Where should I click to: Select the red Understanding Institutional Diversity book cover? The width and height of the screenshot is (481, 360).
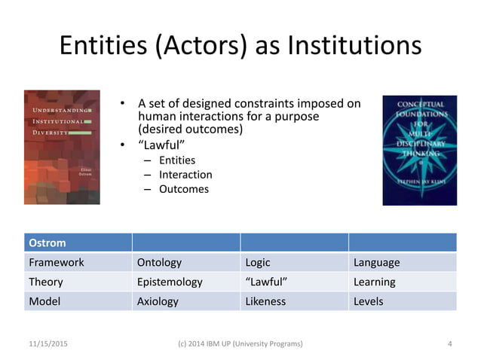coord(62,147)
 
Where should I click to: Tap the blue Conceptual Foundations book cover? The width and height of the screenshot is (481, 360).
coord(419,149)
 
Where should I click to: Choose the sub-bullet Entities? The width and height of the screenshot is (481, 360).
coord(177,160)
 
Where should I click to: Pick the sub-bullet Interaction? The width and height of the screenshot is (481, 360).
coord(185,174)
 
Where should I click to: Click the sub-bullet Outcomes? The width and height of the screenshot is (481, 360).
coord(184,189)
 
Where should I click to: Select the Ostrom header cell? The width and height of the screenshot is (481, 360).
coord(47,243)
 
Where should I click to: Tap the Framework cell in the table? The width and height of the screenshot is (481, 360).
coord(57,263)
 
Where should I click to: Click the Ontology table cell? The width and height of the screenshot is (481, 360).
coord(159,263)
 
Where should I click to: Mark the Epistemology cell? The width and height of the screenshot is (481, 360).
coord(170,282)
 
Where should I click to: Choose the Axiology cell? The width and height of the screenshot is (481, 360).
coord(158,301)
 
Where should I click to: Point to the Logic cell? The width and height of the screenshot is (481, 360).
coord(258,263)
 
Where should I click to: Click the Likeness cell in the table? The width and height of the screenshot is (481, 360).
coord(265,301)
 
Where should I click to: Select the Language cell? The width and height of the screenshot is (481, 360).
coord(377,263)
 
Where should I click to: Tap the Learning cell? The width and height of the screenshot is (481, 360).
coord(375,282)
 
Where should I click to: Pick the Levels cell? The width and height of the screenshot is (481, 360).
coord(369,301)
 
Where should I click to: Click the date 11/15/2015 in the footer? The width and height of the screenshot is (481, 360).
coord(48,343)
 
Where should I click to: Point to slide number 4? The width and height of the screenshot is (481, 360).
coord(449,343)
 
